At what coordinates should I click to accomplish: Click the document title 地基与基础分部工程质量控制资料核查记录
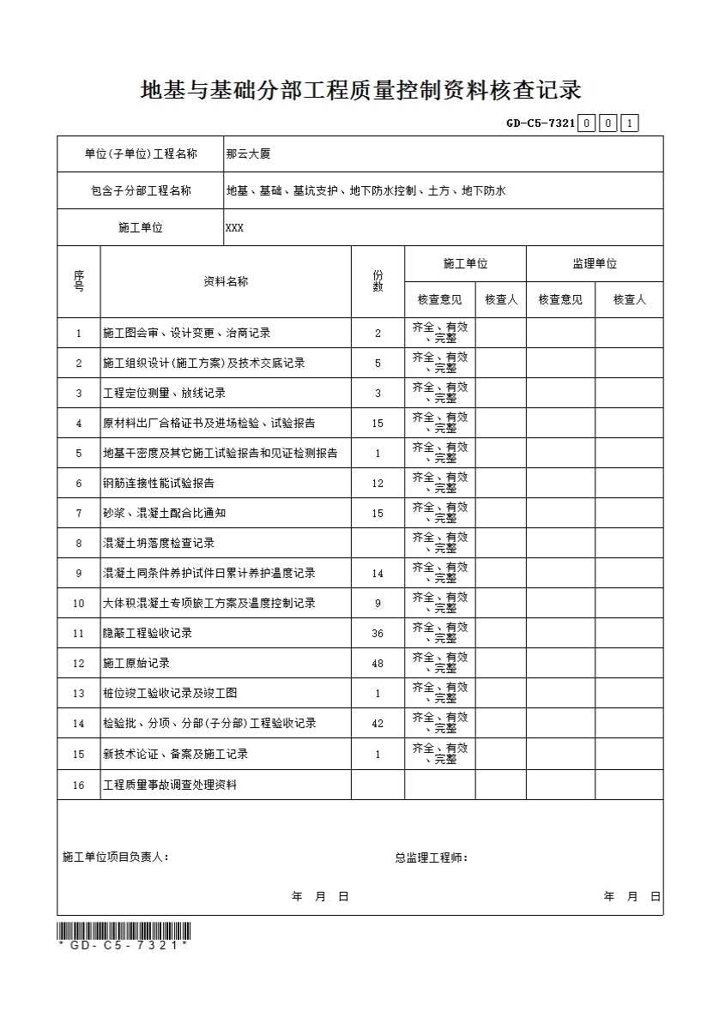[x=360, y=91]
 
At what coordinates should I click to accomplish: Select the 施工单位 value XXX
[x=234, y=228]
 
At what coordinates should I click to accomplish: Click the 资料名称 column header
[x=226, y=281]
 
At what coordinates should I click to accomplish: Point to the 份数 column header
[x=378, y=281]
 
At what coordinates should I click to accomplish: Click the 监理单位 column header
[x=595, y=264]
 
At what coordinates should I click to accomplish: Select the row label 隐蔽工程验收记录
[x=148, y=634]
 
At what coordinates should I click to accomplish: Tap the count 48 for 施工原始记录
[x=378, y=664]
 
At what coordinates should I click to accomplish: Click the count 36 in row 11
[x=378, y=634]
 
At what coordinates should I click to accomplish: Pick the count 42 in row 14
[x=378, y=724]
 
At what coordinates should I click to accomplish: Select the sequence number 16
[x=79, y=785]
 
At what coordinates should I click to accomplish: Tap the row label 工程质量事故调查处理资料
[x=170, y=785]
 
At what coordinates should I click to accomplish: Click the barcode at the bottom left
[x=124, y=930]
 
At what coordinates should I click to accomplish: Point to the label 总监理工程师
[x=431, y=858]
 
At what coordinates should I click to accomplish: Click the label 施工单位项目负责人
[x=116, y=858]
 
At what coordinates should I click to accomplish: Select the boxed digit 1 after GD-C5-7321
[x=631, y=123]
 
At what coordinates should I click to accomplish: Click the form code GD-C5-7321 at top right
[x=541, y=123]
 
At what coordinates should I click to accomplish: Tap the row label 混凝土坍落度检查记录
[x=159, y=544]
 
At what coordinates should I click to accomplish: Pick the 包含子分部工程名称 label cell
[x=141, y=191]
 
